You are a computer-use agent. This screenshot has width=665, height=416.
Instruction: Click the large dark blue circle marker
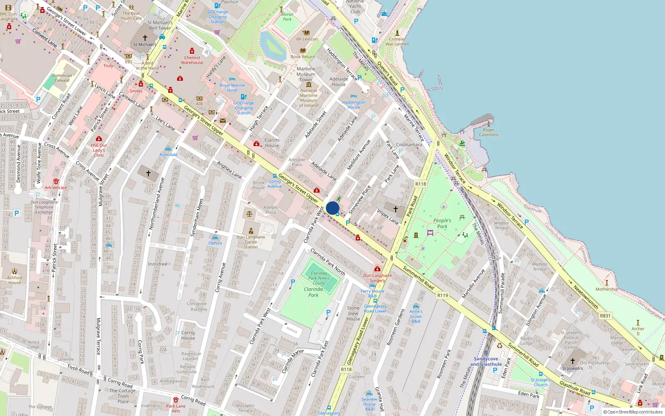332,208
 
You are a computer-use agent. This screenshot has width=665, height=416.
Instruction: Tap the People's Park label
442,223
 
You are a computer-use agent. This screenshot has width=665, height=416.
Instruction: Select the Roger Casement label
489,132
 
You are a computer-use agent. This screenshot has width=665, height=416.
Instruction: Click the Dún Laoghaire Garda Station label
251,242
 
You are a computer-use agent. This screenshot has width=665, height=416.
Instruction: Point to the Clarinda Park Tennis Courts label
319,278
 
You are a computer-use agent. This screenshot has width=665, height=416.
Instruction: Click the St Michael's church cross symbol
145,37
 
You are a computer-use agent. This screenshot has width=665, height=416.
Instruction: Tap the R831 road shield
605,316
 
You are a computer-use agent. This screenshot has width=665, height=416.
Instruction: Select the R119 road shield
443,295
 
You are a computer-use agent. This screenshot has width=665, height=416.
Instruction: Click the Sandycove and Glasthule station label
486,362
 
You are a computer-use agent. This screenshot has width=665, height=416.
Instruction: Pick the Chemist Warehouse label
192,60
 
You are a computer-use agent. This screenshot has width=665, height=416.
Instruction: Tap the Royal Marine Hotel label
232,88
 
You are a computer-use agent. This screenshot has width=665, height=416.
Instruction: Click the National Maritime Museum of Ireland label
308,98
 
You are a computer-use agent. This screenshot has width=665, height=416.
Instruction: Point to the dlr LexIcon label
307,39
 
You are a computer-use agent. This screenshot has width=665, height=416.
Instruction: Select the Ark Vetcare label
56,188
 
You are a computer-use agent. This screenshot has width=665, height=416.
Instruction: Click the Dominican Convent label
62,78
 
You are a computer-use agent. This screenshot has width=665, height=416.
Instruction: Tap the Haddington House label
354,105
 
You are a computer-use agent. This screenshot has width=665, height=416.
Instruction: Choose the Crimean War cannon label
397,42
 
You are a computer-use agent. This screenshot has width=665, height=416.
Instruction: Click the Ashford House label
15,280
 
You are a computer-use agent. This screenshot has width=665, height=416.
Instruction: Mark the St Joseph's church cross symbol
573,361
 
